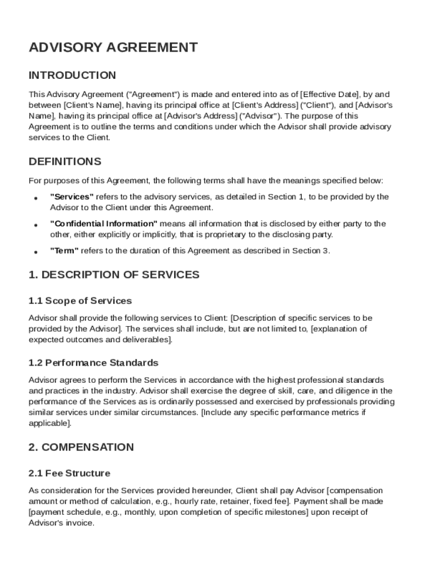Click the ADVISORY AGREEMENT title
(113, 48)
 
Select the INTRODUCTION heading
(72, 75)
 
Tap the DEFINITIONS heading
(65, 162)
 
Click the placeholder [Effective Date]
(330, 94)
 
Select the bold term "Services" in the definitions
(72, 197)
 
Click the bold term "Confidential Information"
(104, 224)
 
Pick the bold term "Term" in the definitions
(64, 251)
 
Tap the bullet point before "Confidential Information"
(35, 225)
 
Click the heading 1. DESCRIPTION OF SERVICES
(114, 275)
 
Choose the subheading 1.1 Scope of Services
(80, 301)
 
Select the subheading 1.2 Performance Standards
(93, 363)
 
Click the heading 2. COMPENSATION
(81, 448)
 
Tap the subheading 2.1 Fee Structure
(69, 474)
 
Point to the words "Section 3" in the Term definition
(314, 251)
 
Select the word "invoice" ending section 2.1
(78, 523)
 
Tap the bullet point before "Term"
(35, 252)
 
